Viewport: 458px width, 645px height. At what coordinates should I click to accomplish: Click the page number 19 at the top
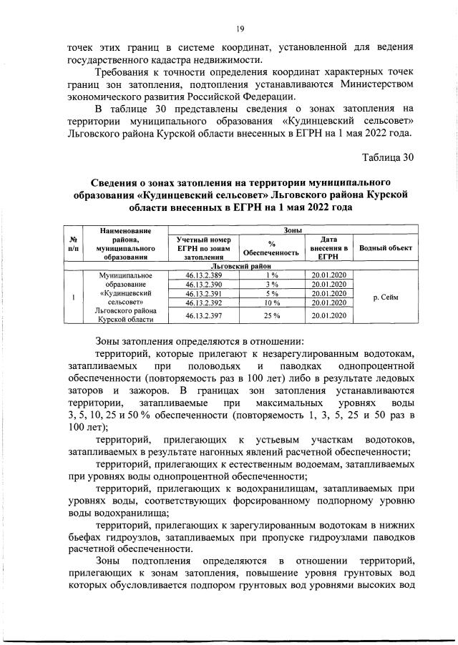click(x=240, y=28)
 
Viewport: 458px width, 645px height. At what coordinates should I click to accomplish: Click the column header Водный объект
click(x=386, y=247)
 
